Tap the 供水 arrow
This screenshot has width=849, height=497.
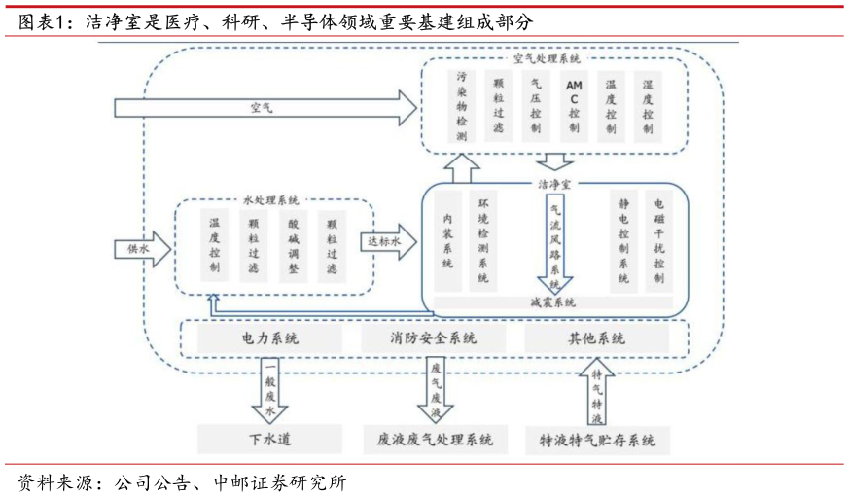coord(141,249)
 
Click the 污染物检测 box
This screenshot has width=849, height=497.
coord(462,106)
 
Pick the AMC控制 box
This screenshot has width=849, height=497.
coord(574,106)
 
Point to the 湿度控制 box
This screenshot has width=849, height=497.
coord(648,106)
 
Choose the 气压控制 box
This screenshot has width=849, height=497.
coord(536,106)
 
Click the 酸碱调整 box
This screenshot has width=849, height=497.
coord(293,246)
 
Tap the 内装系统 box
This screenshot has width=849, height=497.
coord(447,241)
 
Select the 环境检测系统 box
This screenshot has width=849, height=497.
coord(483,241)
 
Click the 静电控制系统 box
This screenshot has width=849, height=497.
coord(623,241)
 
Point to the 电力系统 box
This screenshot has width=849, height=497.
coord(269,339)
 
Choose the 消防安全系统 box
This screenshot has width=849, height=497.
coord(434,339)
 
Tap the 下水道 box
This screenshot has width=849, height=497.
coord(269,440)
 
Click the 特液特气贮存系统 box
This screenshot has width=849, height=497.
coord(597,440)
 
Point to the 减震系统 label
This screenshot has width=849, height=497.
coord(552,302)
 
